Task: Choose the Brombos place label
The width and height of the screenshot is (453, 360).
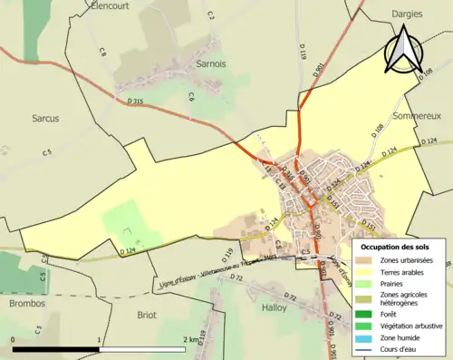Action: point(26,304)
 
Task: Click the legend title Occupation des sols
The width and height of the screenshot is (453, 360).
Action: point(398,247)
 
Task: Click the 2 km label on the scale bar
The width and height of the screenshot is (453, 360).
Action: point(190,339)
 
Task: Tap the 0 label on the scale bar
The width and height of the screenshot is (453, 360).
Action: point(14,339)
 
